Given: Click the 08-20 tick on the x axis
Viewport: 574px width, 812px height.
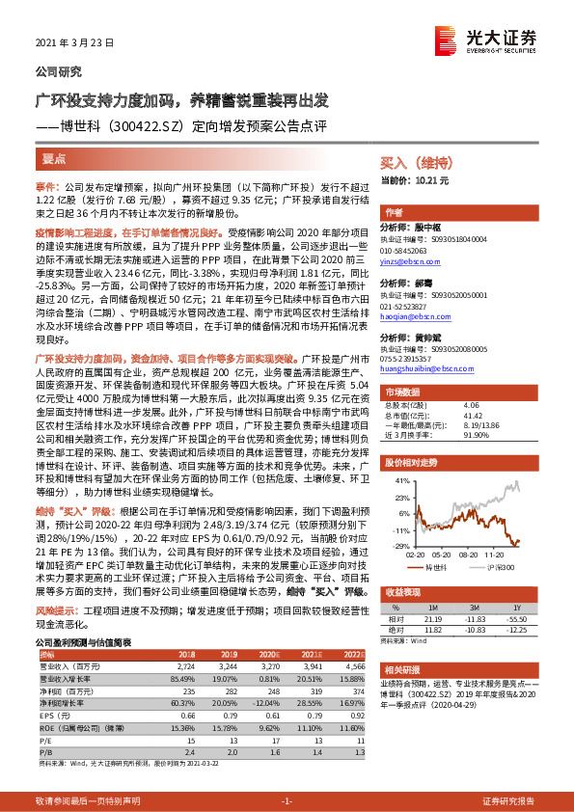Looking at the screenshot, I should tap(469, 555).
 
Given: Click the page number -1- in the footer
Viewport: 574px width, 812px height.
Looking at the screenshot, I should tap(286, 800).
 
